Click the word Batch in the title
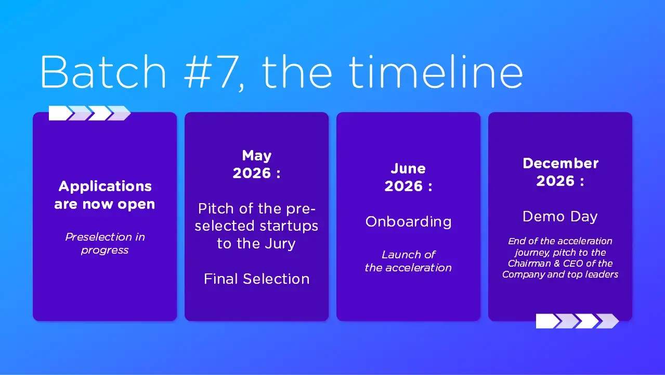pos(103,72)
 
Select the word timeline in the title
pos(436,72)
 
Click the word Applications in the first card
pos(105,186)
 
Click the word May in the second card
pos(257,156)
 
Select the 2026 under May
pos(252,173)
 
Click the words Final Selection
pos(257,279)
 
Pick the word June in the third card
pos(408,169)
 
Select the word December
pos(560,163)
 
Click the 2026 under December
pos(555,181)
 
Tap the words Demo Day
pos(560,217)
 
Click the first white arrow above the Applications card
pos(60,114)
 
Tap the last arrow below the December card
pos(607,321)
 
